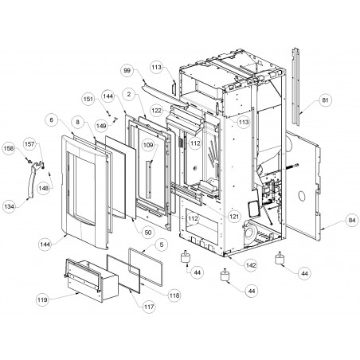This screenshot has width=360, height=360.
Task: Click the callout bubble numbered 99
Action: [x=127, y=71]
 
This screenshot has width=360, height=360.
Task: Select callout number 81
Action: [x=325, y=100]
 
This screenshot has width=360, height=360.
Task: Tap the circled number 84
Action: [x=352, y=221]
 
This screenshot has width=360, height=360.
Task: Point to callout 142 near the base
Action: [x=251, y=265]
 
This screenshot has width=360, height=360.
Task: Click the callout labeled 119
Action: [x=42, y=299]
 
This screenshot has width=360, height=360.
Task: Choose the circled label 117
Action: [x=149, y=307]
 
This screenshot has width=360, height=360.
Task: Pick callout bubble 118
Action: [x=174, y=295]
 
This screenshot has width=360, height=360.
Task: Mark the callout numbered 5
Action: [x=162, y=245]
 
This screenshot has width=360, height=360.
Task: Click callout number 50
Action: [x=147, y=233]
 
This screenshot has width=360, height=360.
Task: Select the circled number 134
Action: [x=10, y=206]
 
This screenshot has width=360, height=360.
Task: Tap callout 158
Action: [x=9, y=148]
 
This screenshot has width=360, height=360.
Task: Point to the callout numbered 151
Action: [x=88, y=99]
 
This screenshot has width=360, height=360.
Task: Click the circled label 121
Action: [x=234, y=217]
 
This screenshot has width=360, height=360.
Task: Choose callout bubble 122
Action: [x=157, y=110]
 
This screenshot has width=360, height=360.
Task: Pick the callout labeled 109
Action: [x=148, y=145]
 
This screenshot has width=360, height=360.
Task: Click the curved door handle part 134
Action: [x=31, y=181]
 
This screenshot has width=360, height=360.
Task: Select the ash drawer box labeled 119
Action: [x=92, y=280]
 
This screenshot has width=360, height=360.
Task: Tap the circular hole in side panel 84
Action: [x=301, y=196]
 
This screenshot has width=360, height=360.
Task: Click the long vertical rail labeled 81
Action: [x=295, y=86]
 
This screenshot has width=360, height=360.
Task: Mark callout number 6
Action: [x=52, y=120]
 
